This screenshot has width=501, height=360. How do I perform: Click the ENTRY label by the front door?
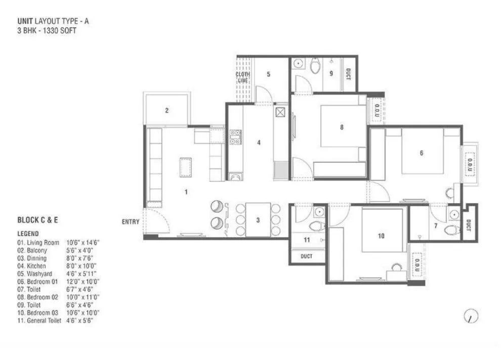tap(131, 222)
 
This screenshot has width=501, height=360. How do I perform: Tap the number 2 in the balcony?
tap(166, 111)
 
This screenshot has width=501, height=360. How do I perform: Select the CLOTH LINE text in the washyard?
tap(242, 77)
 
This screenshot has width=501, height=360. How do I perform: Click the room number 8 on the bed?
tap(342, 127)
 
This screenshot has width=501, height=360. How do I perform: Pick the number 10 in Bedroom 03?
tap(381, 236)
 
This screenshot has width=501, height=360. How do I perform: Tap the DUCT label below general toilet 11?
tap(306, 256)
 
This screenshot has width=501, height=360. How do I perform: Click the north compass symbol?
tap(471, 317)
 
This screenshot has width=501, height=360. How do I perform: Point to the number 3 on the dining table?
tap(258, 220)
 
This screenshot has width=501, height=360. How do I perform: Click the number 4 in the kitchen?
tap(259, 143)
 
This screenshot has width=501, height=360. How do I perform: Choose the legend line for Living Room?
tap(58, 243)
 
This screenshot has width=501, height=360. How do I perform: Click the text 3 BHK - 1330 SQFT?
tap(41, 30)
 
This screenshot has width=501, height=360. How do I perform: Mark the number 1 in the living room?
tap(186, 192)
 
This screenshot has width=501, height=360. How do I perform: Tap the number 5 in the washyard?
tap(268, 74)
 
